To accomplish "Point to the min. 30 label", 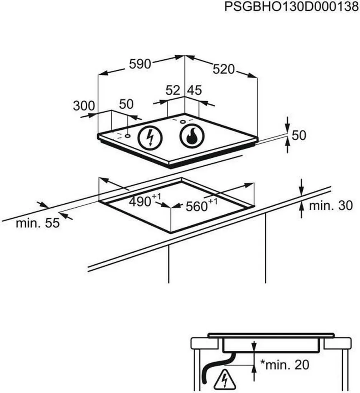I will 330,206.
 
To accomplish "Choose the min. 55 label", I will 38,223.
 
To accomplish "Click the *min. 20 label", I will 284,364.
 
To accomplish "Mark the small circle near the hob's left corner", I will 127,135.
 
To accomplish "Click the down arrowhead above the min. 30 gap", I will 302,191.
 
